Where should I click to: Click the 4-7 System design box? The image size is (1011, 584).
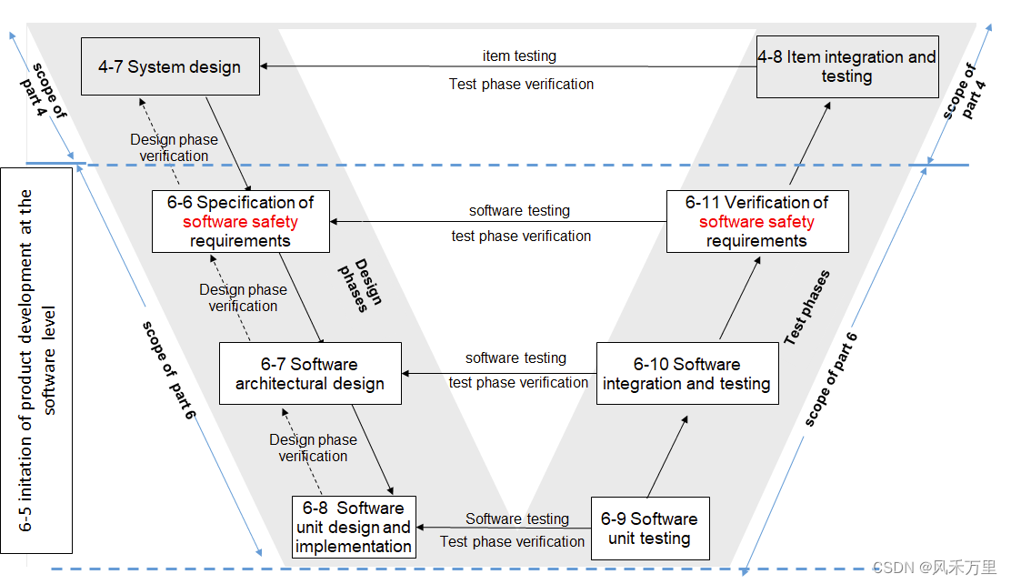point(170,66)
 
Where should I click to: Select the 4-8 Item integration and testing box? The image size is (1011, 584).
point(847,66)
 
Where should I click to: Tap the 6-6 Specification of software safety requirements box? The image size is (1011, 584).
point(240,221)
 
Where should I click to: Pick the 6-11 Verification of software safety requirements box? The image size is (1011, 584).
point(756,221)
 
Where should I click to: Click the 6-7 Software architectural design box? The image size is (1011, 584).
point(310,374)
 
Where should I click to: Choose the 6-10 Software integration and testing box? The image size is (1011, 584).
point(686,374)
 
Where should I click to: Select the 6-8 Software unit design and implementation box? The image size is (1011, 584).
point(354,527)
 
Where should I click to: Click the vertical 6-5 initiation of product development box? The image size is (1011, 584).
point(37,360)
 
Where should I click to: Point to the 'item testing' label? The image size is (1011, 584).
point(519,56)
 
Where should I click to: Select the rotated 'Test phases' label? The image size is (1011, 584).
point(806,307)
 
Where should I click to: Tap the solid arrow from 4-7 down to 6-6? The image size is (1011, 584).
point(228,144)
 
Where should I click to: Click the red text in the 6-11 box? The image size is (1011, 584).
point(756,222)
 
